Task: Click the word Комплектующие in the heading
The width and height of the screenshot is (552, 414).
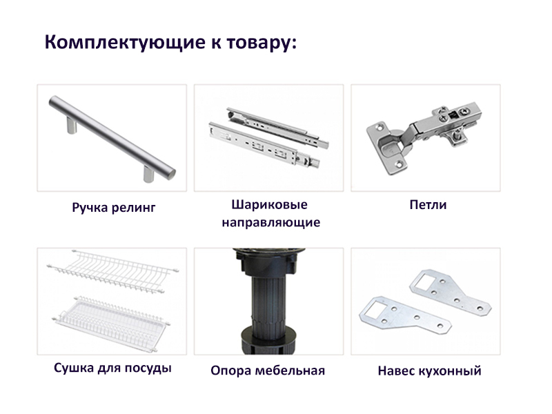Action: [x=125, y=43]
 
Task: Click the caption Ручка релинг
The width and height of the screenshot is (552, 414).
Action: [x=113, y=208]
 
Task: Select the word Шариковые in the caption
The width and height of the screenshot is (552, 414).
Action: [x=269, y=205]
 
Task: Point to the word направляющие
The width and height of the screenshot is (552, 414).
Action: [x=271, y=222]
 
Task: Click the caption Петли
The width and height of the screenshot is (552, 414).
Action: [x=428, y=205]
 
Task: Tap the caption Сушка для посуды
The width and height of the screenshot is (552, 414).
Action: [x=112, y=368]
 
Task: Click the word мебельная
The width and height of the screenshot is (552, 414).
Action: [x=290, y=371]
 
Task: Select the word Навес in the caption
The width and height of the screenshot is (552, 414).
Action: [x=396, y=371]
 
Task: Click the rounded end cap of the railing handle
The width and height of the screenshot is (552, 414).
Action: [x=171, y=174]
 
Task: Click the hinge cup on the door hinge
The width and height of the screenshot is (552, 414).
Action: [x=390, y=145]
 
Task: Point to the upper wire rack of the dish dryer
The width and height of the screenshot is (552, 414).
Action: [x=112, y=271]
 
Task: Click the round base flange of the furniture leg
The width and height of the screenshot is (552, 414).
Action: [x=268, y=334]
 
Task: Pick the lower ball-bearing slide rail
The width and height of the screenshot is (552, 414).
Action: [x=265, y=144]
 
